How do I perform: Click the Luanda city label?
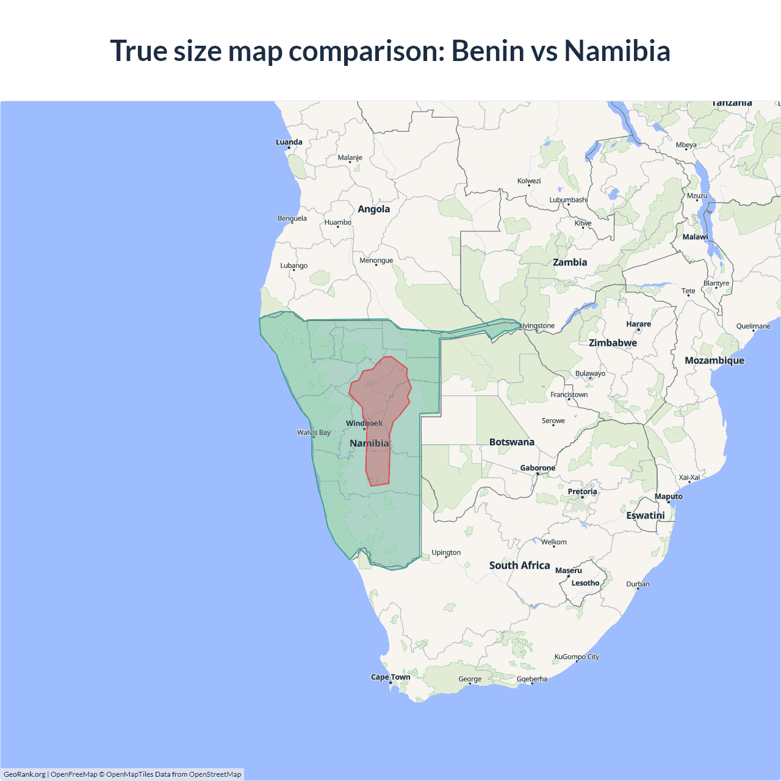289,142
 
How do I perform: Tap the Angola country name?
373,209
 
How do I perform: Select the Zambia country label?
570,262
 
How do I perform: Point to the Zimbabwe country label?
613,343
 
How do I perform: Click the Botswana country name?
511,442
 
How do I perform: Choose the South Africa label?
519,566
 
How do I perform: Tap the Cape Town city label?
390,677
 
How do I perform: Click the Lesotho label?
585,583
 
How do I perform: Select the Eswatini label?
646,516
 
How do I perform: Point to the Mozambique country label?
714,361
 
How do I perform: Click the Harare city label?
638,324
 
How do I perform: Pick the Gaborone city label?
538,468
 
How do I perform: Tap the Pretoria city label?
582,492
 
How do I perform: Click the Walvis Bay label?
314,433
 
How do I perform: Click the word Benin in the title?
488,51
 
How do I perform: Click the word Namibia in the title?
617,51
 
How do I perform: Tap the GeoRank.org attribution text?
24,774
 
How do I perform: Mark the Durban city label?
638,584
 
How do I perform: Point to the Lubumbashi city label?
568,200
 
